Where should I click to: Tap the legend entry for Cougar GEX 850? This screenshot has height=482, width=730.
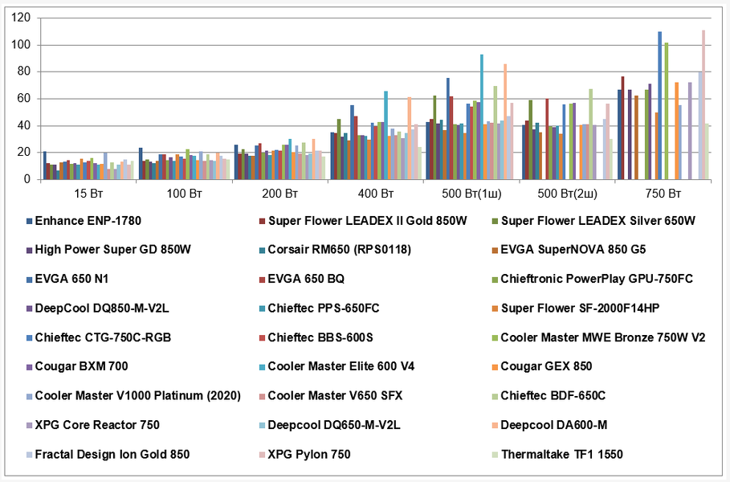[x=546, y=366]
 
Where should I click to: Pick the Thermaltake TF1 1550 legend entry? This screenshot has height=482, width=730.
[x=561, y=454]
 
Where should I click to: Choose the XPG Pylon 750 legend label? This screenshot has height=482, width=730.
[x=309, y=454]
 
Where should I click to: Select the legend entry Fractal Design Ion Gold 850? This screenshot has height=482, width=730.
[x=112, y=454]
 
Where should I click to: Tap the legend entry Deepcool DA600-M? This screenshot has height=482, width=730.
[x=553, y=425]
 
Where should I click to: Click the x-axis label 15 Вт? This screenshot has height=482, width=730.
[x=88, y=193]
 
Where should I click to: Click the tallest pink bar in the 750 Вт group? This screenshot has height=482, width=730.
[x=703, y=104]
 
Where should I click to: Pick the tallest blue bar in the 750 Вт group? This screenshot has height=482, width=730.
[x=660, y=105]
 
